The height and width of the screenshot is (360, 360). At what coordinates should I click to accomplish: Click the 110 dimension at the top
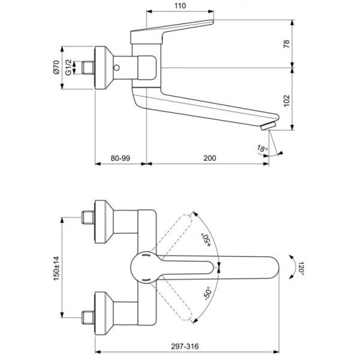(x=180, y=6)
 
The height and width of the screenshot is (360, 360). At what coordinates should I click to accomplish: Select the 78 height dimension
(x=287, y=44)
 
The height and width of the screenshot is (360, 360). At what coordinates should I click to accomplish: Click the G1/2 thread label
(x=68, y=67)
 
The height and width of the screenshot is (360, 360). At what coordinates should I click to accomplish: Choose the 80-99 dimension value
(x=121, y=158)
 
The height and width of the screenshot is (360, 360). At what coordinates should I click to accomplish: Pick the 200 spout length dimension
(x=209, y=158)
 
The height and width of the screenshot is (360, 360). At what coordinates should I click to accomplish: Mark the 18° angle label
(x=262, y=148)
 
